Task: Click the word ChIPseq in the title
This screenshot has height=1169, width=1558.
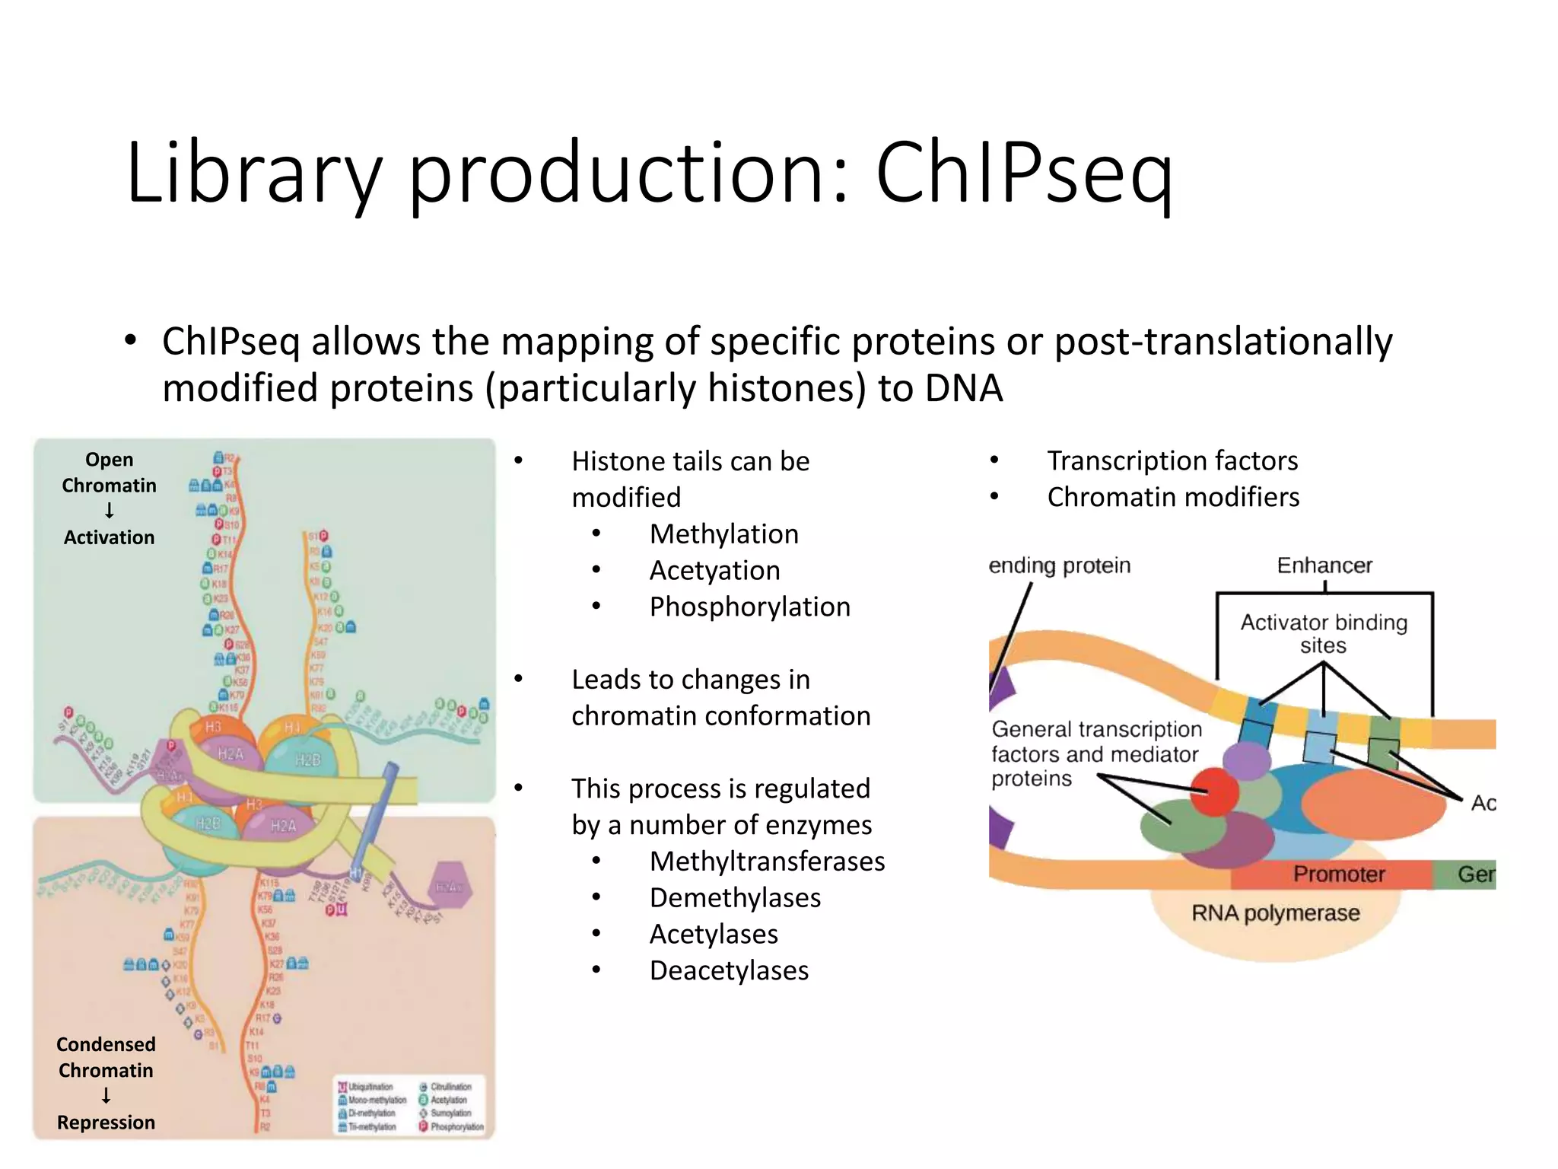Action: coord(1023,174)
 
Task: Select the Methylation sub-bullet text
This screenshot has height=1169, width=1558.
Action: coord(723,534)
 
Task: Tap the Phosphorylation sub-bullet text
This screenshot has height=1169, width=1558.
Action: coord(749,607)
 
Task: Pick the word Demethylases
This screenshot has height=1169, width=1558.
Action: coord(735,898)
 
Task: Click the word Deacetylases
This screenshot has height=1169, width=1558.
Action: coord(729,971)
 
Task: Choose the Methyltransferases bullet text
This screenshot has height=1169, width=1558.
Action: coord(767,862)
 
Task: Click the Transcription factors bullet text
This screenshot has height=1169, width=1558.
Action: coord(1172,461)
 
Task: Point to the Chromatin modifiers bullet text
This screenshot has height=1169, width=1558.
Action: coord(1173,498)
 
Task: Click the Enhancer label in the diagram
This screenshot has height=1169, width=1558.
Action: coord(1324,565)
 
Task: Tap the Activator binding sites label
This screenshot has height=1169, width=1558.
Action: coord(1324,633)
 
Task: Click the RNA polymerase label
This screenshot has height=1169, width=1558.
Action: coord(1275,913)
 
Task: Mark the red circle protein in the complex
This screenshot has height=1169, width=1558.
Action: coord(1215,792)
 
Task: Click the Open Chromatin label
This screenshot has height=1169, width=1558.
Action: coord(109,473)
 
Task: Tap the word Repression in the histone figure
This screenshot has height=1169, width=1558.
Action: coord(106,1123)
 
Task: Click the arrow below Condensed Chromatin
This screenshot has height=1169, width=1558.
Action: coord(106,1096)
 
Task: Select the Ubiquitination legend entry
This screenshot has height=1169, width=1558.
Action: coord(366,1087)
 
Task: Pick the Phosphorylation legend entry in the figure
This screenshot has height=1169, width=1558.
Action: coord(452,1127)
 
